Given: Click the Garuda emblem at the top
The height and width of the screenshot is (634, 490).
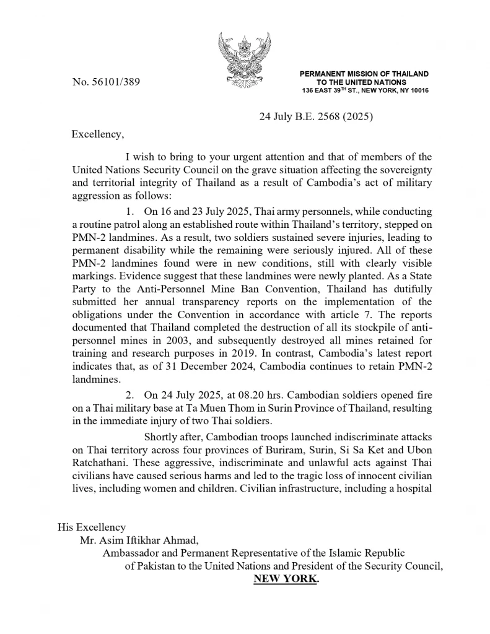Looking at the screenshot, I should [x=245, y=61].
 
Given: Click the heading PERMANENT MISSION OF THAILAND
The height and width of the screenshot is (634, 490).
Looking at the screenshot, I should [x=364, y=74].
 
